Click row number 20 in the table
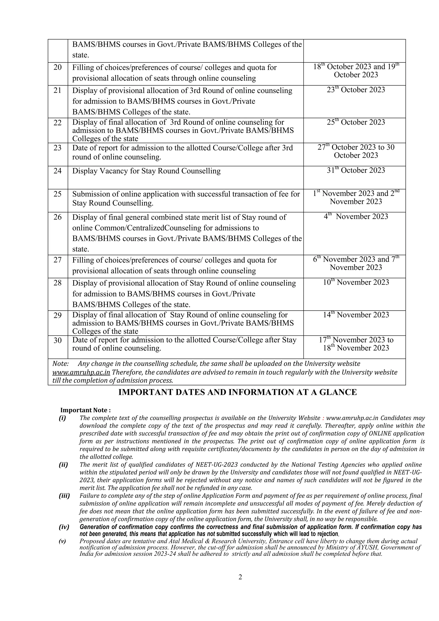[58, 67]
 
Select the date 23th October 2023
[356, 90]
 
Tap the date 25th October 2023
[356, 122]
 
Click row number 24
[58, 171]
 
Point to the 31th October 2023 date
[356, 170]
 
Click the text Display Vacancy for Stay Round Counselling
[146, 171]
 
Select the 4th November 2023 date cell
[356, 217]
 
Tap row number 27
[58, 260]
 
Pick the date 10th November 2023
[356, 282]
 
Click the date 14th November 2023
[356, 315]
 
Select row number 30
[58, 340]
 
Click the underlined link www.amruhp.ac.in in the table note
[81, 372]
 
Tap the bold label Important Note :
[86, 410]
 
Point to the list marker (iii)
[64, 496]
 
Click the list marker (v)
[62, 541]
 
